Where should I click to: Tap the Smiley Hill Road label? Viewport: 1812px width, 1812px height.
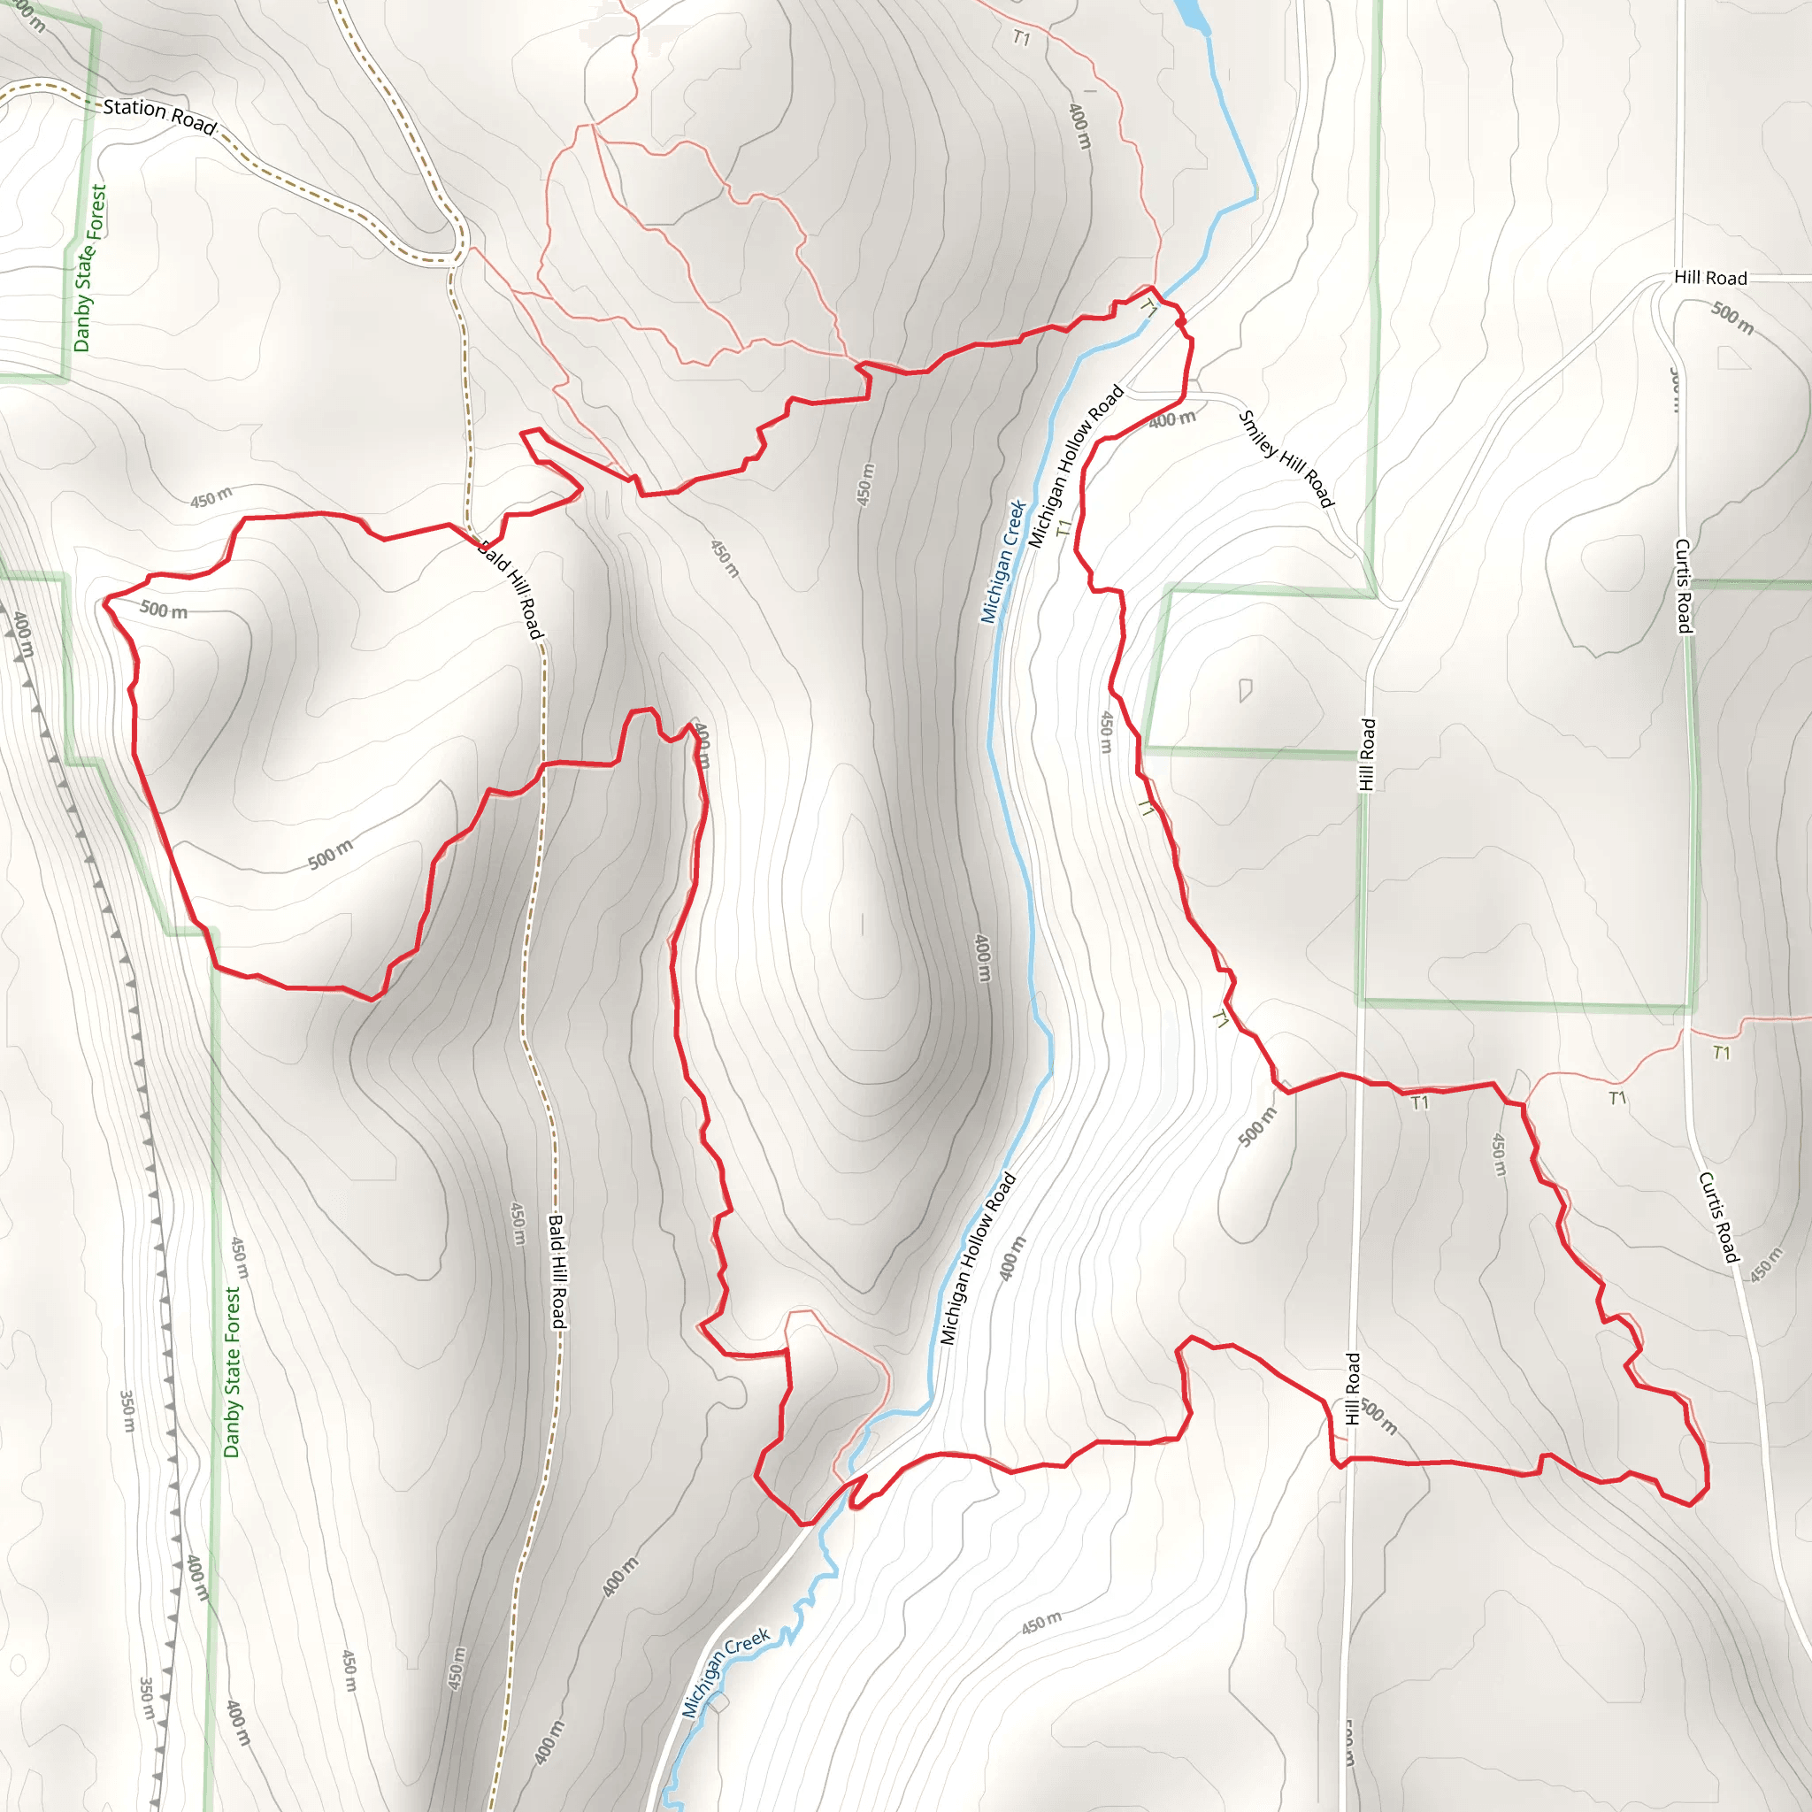[1286, 458]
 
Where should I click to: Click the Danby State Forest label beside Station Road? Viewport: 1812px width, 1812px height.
[89, 267]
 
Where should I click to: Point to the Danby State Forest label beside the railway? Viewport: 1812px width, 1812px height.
[232, 1371]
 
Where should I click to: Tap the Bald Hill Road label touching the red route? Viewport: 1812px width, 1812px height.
[511, 590]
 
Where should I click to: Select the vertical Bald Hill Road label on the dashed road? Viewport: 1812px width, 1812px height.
[557, 1271]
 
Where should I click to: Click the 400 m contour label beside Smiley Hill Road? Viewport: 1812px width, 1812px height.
[1171, 419]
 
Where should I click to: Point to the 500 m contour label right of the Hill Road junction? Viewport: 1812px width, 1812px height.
[1731, 317]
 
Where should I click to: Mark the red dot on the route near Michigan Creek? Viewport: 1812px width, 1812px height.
[1180, 323]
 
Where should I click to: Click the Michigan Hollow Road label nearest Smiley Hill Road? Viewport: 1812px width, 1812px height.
[1076, 466]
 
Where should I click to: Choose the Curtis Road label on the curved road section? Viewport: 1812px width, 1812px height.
[1718, 1217]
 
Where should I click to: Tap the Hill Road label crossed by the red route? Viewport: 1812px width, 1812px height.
[1352, 1388]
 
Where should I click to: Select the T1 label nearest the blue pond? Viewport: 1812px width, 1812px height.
[1021, 38]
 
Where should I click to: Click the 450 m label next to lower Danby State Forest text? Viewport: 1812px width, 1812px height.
[240, 1256]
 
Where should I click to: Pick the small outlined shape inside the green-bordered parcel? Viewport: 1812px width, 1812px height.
[1246, 690]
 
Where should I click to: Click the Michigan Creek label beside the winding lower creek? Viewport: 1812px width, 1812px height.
[725, 1658]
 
